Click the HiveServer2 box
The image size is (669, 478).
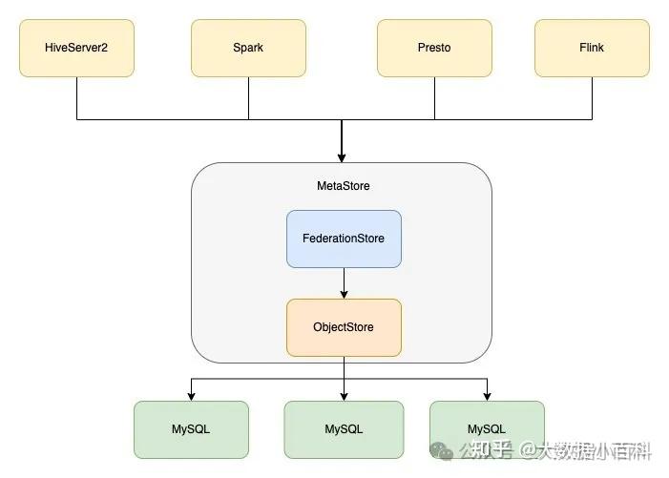click(76, 48)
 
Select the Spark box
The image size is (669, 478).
click(248, 48)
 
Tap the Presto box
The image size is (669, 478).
click(434, 48)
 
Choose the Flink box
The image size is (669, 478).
click(592, 48)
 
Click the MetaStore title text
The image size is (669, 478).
click(343, 186)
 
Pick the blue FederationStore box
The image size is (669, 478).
click(344, 239)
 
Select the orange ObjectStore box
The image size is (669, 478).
click(344, 327)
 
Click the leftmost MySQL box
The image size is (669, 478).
click(191, 429)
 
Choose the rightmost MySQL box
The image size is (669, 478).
click(487, 429)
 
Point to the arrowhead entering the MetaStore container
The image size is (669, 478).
click(342, 157)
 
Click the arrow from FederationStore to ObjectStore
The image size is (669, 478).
click(344, 283)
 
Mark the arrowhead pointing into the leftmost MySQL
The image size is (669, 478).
click(191, 396)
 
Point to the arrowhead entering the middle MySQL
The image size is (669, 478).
click(344, 396)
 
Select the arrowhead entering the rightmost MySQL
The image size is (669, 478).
click(487, 396)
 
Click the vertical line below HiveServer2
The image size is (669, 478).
click(76, 97)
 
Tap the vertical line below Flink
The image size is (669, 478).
click(592, 97)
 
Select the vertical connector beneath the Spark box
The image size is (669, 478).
click(248, 97)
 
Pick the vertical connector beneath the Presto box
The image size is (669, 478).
click(434, 97)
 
